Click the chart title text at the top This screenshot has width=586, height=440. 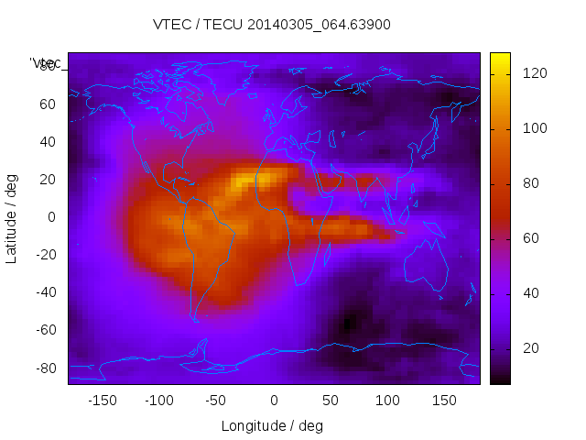pyautogui.click(x=271, y=25)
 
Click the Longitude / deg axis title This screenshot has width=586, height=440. pyautogui.click(x=272, y=425)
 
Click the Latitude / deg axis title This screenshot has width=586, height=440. pyautogui.click(x=12, y=217)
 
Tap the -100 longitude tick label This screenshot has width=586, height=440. pyautogui.click(x=158, y=401)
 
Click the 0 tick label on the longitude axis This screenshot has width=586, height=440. pyautogui.click(x=273, y=401)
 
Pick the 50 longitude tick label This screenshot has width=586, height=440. pyautogui.click(x=330, y=401)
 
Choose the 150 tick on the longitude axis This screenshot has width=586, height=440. pyautogui.click(x=444, y=401)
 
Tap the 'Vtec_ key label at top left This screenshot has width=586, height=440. pyautogui.click(x=46, y=62)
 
